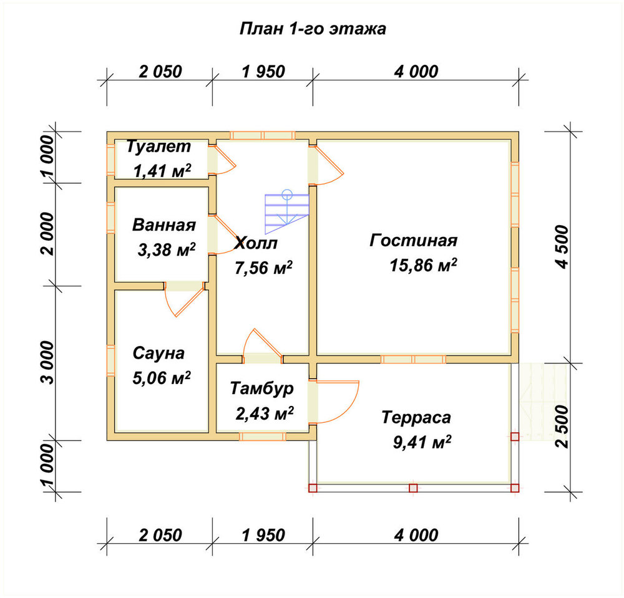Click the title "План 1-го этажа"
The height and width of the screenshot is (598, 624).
(313, 29)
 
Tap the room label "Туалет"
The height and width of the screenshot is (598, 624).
(158, 147)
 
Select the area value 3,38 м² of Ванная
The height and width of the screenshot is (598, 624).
(167, 249)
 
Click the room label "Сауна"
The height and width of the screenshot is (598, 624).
(158, 353)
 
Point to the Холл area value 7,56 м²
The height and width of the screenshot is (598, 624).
(263, 268)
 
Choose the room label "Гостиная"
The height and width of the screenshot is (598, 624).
(414, 241)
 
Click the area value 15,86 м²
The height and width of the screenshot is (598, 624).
(424, 265)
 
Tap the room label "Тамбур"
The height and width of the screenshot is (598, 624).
(262, 389)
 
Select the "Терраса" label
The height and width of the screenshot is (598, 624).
(416, 418)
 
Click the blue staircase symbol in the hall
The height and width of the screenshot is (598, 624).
(287, 212)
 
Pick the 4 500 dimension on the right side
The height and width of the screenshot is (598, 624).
(562, 247)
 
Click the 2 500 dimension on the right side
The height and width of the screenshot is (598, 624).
(562, 427)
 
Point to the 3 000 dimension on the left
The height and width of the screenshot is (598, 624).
(47, 362)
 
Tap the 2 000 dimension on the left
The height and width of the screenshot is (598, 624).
(47, 234)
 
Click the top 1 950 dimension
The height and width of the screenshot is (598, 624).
(263, 72)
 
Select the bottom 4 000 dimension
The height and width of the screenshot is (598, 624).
(416, 535)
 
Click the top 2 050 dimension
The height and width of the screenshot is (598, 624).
(160, 72)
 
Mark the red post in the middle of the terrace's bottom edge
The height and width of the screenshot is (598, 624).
(413, 488)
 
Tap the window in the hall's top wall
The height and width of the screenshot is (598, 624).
(263, 135)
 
